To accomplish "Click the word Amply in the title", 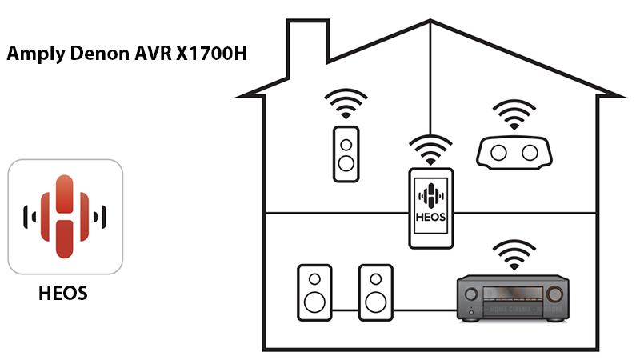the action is [34, 55].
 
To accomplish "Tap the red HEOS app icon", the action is [65, 217].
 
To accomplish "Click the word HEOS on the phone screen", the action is [431, 218].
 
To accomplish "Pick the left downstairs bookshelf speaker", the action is [313, 292].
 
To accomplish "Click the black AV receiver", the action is [512, 298].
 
